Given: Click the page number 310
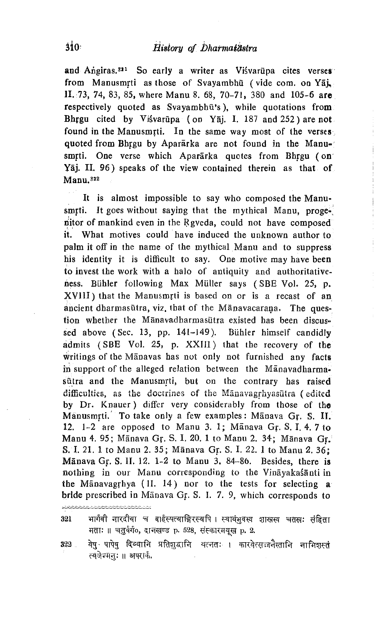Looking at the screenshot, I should tap(73, 47).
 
